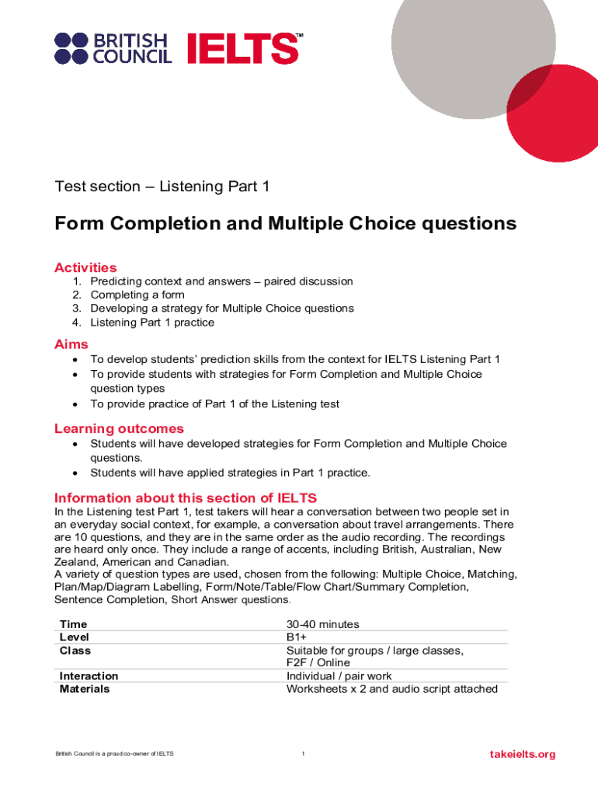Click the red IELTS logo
click(x=243, y=48)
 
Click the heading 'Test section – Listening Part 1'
click(x=162, y=187)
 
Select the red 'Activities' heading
click(x=85, y=267)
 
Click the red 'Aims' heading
click(x=71, y=344)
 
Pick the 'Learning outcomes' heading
click(x=119, y=428)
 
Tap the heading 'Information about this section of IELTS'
click(x=186, y=497)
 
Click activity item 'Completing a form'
click(x=137, y=295)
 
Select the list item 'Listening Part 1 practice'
click(x=152, y=322)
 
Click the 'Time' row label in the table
click(x=74, y=624)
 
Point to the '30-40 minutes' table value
click(x=322, y=624)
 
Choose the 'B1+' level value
click(x=297, y=637)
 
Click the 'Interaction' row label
click(x=89, y=676)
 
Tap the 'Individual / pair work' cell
click(x=339, y=676)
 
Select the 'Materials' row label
click(x=85, y=689)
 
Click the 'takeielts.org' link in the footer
click(x=523, y=754)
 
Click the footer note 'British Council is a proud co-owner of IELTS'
click(x=114, y=754)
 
